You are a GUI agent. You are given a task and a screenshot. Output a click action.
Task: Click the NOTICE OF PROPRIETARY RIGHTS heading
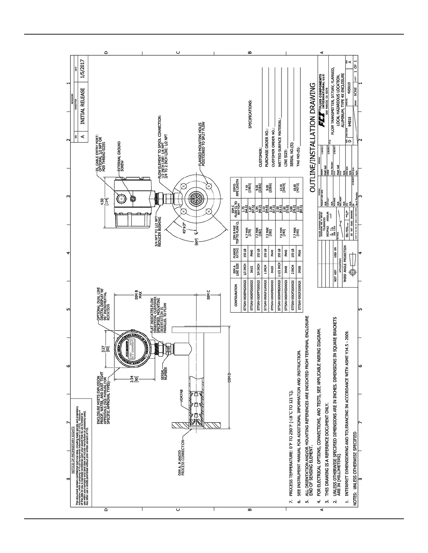(73, 451)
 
